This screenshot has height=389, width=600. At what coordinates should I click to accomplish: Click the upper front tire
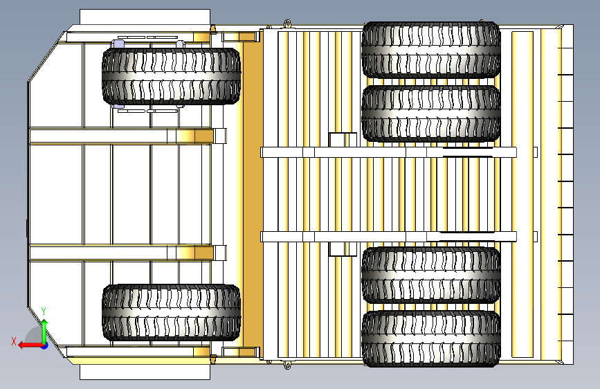point(172,76)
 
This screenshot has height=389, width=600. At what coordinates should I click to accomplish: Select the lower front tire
point(172,312)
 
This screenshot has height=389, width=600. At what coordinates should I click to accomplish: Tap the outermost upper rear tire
point(431,50)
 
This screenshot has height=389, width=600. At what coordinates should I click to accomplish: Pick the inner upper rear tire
point(431,114)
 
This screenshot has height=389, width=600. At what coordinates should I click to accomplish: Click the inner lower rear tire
point(431,275)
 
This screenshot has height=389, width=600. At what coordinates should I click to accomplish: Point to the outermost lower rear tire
point(431,338)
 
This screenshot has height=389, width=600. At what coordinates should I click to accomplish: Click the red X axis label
point(14,341)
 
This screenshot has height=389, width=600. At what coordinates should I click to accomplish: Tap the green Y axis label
point(44,311)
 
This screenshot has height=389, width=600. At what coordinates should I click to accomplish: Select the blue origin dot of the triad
point(45,345)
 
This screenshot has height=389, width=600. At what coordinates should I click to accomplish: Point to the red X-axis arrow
point(30,345)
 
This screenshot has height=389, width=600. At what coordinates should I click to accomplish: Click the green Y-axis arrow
point(44,331)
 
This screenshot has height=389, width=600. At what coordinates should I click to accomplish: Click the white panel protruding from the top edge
point(145,17)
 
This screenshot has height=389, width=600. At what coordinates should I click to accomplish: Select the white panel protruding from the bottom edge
point(145,372)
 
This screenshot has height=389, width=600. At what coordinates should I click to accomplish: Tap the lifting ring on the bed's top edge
point(287,24)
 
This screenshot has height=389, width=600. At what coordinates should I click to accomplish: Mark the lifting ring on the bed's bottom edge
point(287,365)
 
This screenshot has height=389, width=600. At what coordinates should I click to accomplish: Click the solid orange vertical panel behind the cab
point(253,194)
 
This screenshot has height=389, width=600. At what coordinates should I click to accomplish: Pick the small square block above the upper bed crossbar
point(343,140)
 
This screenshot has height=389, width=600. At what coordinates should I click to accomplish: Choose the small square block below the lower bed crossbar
point(343,249)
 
